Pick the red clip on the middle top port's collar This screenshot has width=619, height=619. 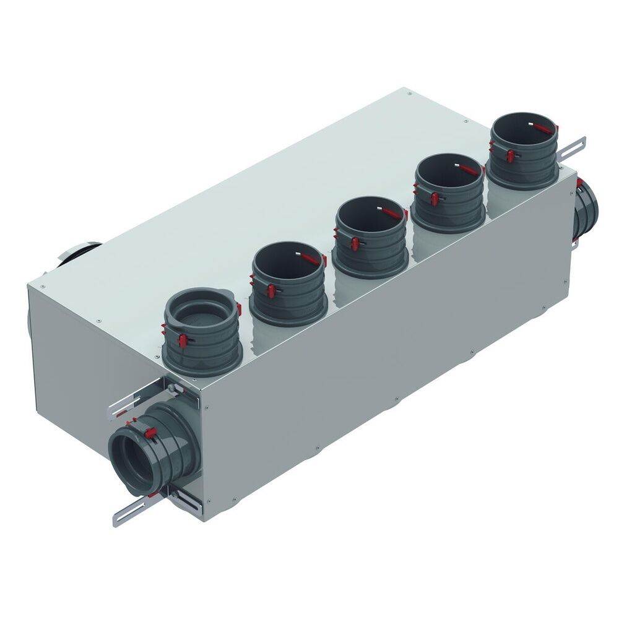point(355,243)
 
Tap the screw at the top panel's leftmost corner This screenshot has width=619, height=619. point(41,287)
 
